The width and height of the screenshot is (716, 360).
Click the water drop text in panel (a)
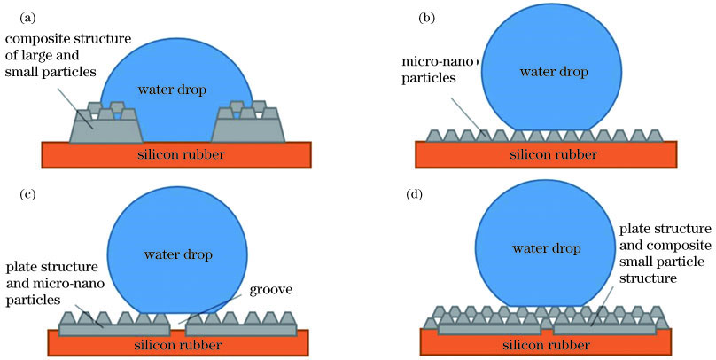click(175, 89)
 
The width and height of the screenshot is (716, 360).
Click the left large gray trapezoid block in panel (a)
click(105, 131)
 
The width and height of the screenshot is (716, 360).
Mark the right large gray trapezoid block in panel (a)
click(247, 131)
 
